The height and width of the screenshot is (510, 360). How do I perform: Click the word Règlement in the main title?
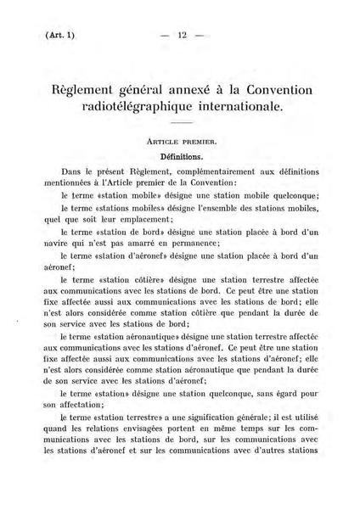pos(89,91)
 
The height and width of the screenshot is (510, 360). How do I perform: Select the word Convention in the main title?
pos(272,91)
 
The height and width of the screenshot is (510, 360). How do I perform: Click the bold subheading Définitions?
pos(180,158)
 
